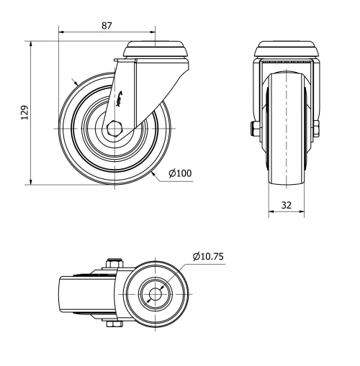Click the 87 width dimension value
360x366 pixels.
pyautogui.click(x=107, y=25)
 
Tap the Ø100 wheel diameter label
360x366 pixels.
pyautogui.click(x=180, y=173)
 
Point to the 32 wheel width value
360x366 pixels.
pyautogui.click(x=286, y=204)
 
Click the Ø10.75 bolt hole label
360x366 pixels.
pyautogui.click(x=210, y=257)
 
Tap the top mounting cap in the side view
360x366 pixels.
pyautogui.click(x=156, y=50)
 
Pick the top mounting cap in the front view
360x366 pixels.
pyautogui.click(x=286, y=50)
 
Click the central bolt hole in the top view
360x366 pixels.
pyautogui.click(x=155, y=295)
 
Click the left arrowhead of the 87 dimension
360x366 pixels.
pyautogui.click(x=60, y=32)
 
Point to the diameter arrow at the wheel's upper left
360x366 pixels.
pyautogui.click(x=73, y=81)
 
